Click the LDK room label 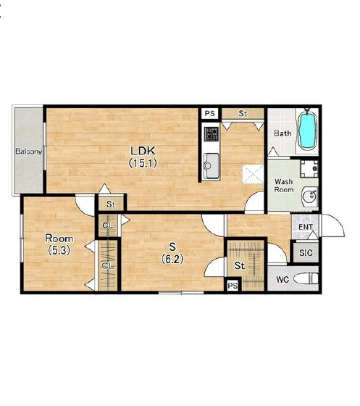pos(143,151)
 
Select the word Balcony pos(29,152)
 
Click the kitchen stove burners pos(212,134)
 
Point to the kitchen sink pos(212,166)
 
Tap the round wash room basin pos(309,196)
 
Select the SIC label pos(306,253)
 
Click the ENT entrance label pos(306,227)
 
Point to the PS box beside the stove pos(210,113)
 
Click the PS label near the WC pos(233,286)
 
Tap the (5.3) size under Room pos(59,250)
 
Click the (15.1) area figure pos(143,163)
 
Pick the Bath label pos(282,133)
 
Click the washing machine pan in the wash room pos(309,168)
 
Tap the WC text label pos(282,279)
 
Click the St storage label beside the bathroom pos(243,113)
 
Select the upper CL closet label pos(108,225)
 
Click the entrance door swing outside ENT pos(333,225)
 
